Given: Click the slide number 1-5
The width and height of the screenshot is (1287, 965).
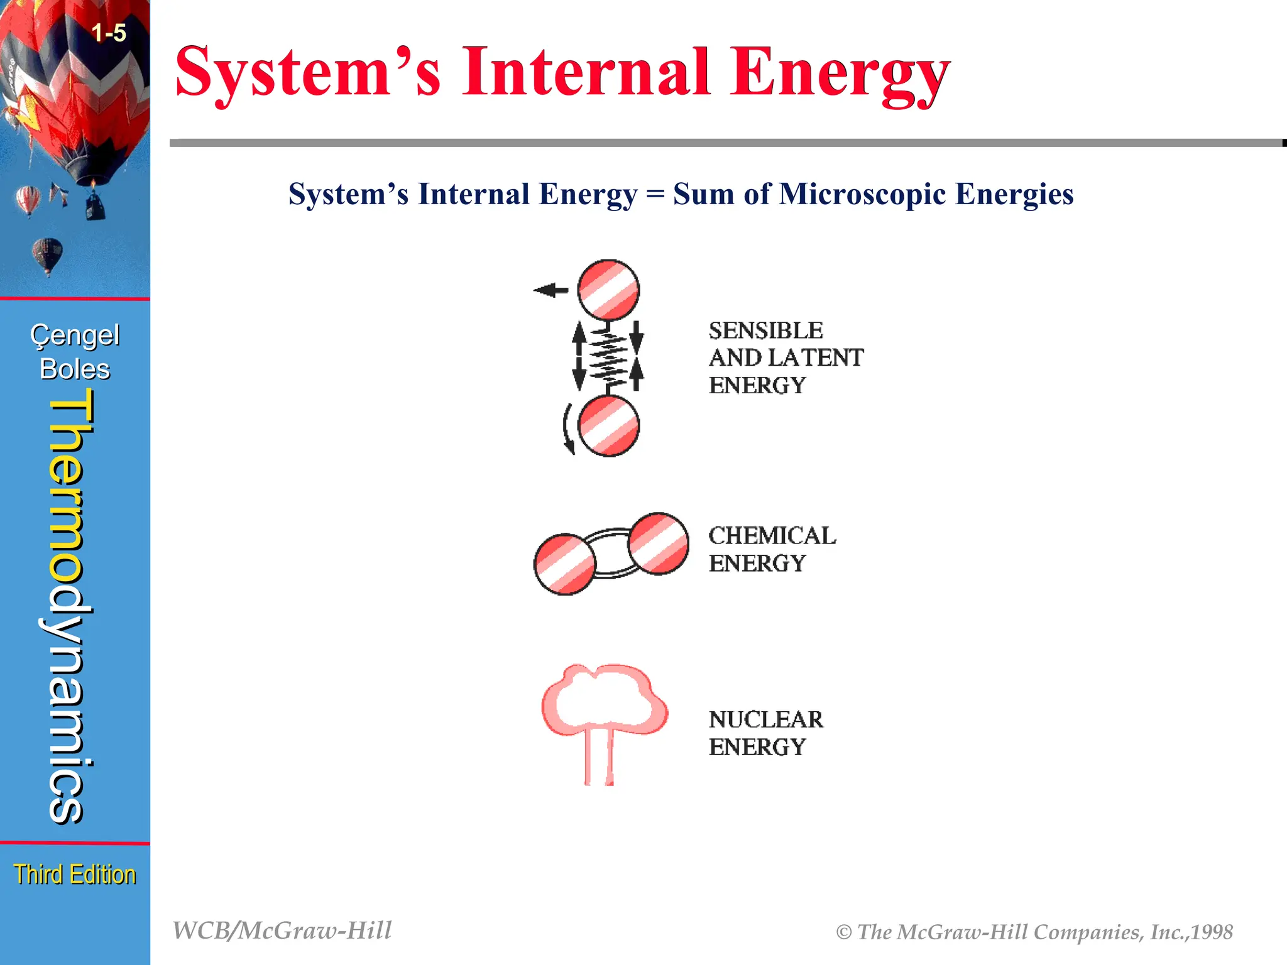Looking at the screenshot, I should tap(109, 33).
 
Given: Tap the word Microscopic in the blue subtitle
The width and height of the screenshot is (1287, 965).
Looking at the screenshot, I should tap(862, 194).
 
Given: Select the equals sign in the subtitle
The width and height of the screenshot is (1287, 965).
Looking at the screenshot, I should tap(655, 194).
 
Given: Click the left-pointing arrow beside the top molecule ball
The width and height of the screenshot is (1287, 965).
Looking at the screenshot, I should tap(550, 290).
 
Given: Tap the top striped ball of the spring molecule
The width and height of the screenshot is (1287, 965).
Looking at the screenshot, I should tap(608, 290).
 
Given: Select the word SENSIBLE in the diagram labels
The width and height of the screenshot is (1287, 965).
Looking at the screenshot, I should tap(765, 330).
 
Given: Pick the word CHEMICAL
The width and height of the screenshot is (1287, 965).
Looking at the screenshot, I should tap(772, 536).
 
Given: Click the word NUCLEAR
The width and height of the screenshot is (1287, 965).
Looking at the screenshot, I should tap(765, 719).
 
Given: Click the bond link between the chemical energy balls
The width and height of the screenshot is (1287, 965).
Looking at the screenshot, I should tap(611, 552).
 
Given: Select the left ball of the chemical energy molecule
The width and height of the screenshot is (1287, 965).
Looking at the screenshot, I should tap(564, 564).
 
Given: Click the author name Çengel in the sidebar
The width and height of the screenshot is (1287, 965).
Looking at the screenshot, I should tap(75, 335).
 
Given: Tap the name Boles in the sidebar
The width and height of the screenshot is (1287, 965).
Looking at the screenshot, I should tap(75, 369).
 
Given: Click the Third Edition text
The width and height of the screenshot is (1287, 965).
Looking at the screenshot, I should tap(75, 874).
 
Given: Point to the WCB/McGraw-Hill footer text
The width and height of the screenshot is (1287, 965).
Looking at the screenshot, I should tap(282, 930).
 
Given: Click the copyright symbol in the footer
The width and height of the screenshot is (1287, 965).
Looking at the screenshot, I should tap(843, 932).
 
